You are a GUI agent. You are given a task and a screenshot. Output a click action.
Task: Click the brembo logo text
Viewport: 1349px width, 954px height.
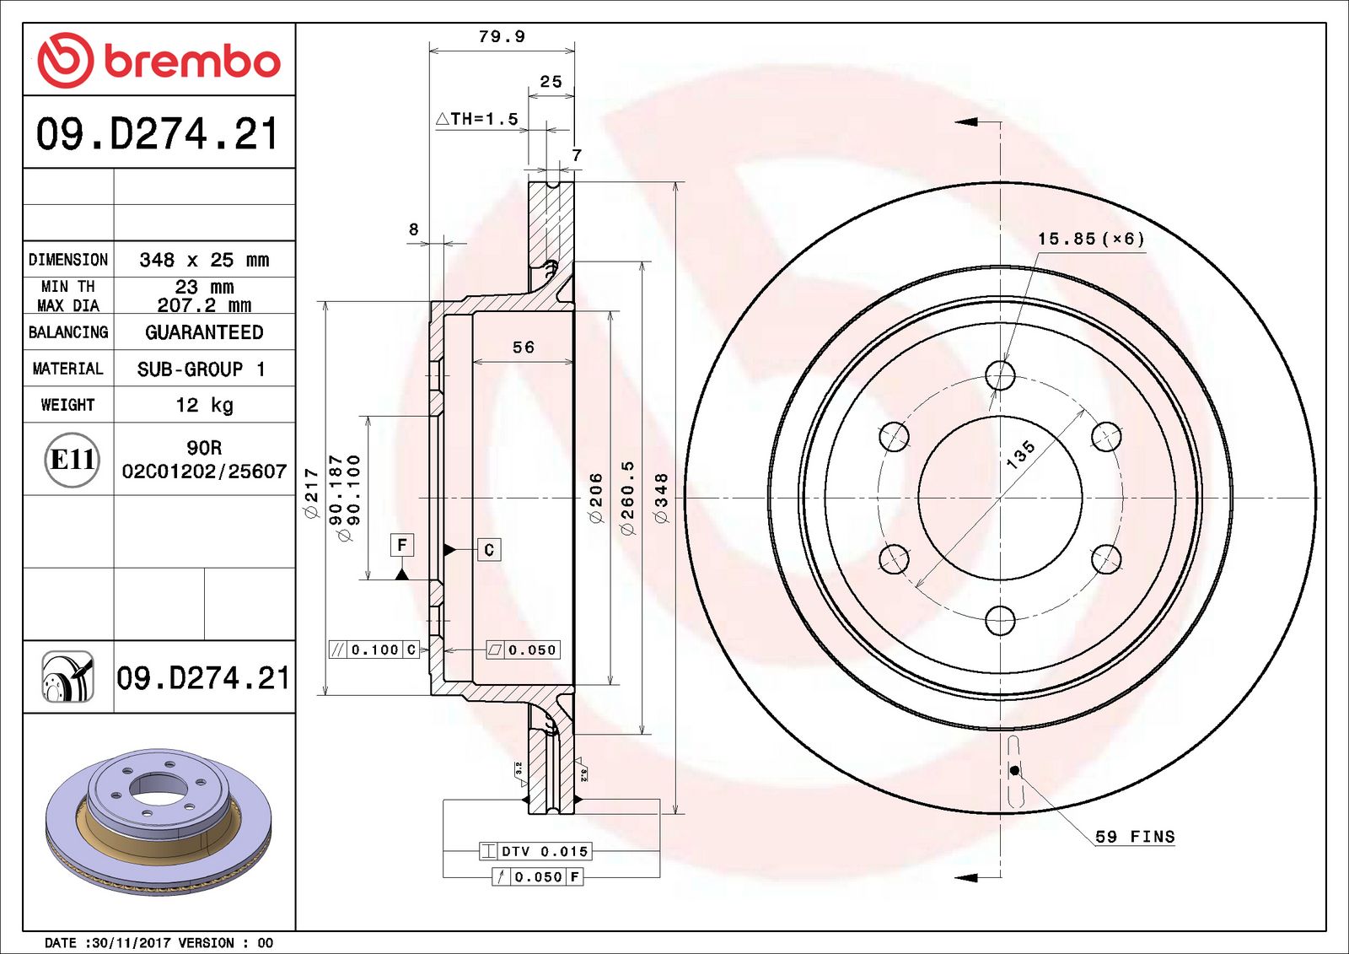(191, 62)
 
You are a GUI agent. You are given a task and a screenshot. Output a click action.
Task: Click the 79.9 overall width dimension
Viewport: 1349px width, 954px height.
(502, 36)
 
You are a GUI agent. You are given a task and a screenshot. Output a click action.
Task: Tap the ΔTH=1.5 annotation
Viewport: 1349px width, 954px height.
(477, 119)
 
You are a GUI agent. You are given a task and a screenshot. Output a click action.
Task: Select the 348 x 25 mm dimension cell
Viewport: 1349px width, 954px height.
(204, 260)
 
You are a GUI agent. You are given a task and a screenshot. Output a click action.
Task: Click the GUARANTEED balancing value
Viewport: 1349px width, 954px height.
(204, 332)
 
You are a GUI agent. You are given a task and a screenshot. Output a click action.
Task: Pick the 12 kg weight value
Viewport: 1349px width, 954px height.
(204, 405)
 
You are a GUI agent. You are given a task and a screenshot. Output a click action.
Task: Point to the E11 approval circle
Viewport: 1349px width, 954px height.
(72, 460)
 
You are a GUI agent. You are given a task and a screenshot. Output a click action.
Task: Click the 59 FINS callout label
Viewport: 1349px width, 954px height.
(1134, 837)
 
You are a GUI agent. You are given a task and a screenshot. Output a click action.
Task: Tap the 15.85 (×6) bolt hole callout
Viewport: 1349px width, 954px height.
(1091, 239)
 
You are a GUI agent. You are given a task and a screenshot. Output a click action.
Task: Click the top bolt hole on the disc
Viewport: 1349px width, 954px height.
(1000, 375)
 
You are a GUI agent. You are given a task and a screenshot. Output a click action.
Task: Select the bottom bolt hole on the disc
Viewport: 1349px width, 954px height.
(1000, 621)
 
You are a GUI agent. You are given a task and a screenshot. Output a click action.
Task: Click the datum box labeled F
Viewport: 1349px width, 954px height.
(402, 545)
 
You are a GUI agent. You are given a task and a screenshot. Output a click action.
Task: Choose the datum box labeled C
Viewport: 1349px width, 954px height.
(489, 550)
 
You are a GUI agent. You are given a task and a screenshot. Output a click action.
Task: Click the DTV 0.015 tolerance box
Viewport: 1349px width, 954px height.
(536, 851)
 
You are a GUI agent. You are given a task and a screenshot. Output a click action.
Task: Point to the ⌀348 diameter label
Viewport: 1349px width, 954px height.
(661, 498)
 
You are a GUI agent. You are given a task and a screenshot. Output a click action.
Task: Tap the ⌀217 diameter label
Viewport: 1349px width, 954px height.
(311, 493)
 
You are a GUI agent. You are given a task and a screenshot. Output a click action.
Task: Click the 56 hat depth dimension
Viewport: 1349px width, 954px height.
(524, 347)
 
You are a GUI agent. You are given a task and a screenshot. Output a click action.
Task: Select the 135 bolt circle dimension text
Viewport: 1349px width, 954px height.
(1020, 454)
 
